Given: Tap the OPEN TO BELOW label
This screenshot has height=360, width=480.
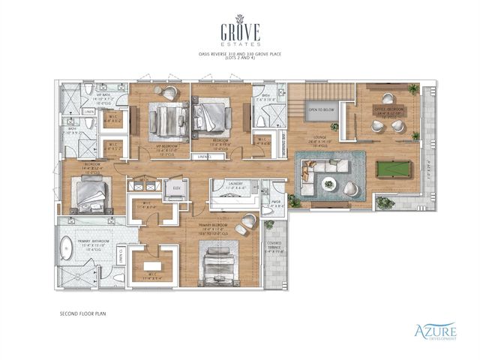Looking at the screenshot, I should tap(320, 109).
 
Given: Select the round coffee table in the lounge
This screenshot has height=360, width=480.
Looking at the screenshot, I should tap(328, 182).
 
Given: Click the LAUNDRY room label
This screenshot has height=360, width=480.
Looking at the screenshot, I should tap(227, 183).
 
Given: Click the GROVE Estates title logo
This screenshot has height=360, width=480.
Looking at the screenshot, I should tap(240, 34).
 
